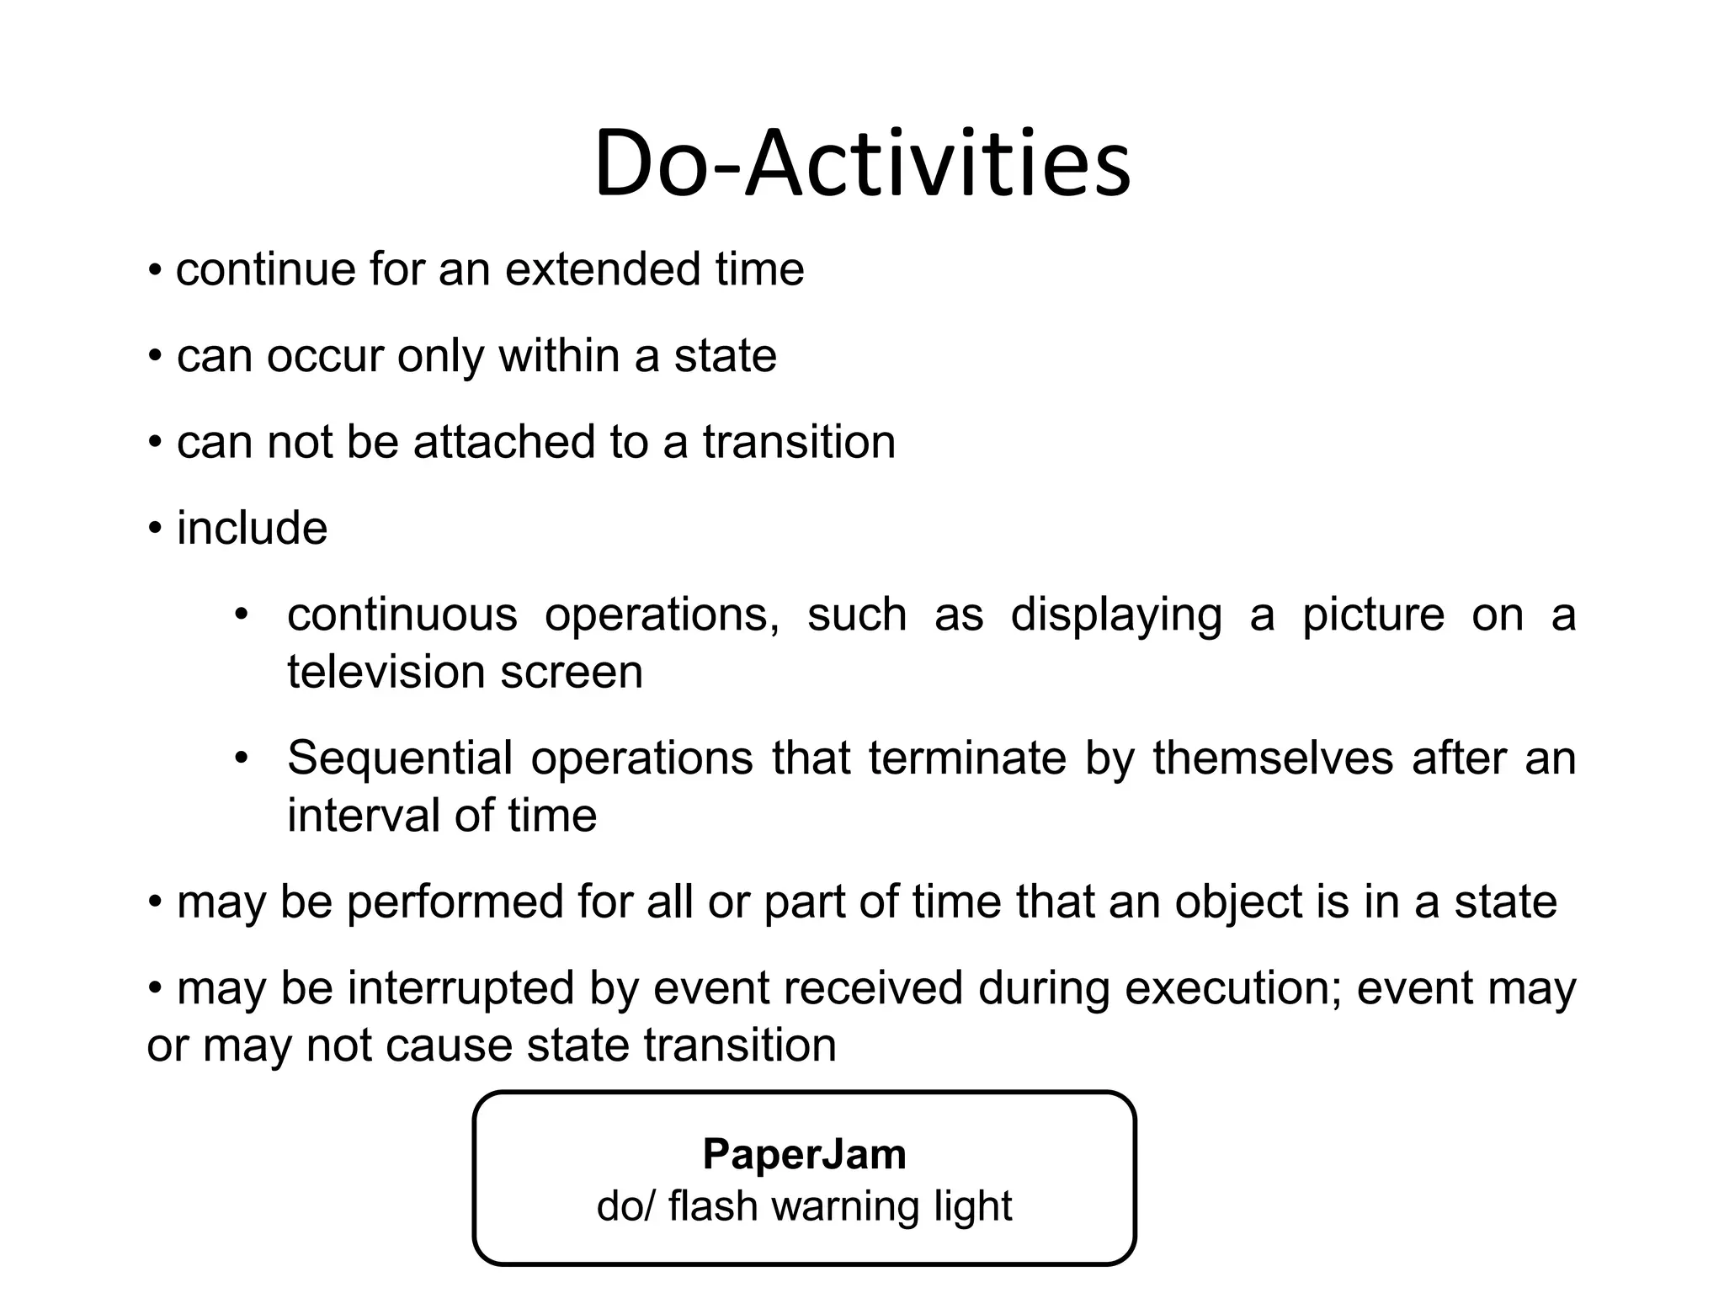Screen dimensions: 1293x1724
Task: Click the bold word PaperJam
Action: tap(804, 1153)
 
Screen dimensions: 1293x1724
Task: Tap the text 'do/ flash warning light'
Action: tap(804, 1205)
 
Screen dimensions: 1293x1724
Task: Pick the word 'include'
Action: tap(252, 529)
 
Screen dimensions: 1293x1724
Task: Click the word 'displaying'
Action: tap(1115, 615)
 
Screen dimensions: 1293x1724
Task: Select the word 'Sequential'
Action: tap(400, 758)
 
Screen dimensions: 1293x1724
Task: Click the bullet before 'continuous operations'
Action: tap(242, 615)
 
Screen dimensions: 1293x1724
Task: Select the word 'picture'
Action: tap(1373, 615)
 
